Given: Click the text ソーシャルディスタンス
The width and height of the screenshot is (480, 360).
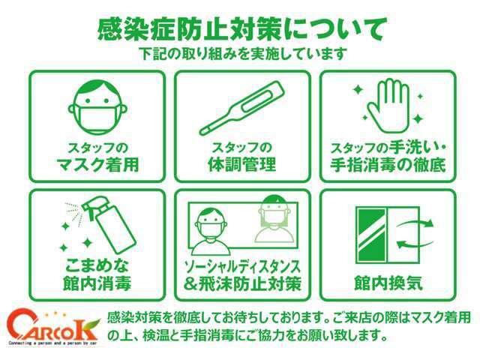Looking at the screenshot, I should (x=241, y=265).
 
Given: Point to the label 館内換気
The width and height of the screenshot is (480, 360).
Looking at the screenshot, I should (x=388, y=283).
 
